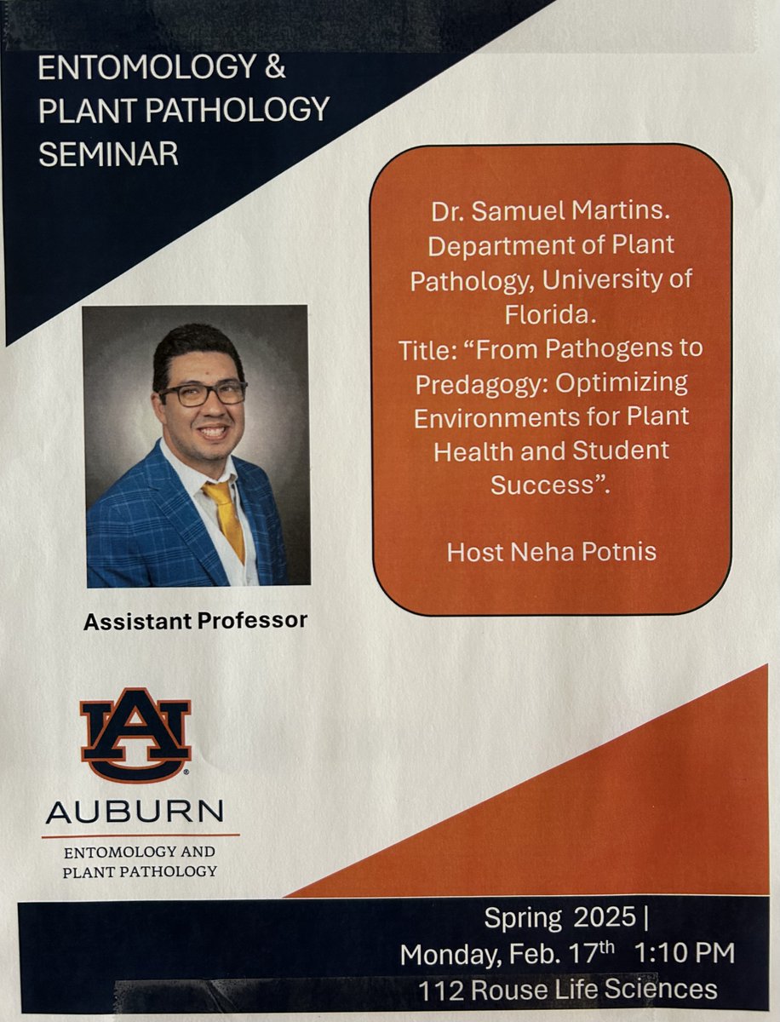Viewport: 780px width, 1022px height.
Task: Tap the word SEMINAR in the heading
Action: [108, 153]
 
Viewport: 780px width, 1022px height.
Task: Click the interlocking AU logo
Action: [135, 734]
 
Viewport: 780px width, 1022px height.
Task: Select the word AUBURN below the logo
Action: [135, 812]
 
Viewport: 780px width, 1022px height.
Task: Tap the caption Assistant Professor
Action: [195, 621]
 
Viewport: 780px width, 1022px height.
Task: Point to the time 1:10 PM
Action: [684, 954]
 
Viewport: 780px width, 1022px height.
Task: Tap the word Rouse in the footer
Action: [510, 990]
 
